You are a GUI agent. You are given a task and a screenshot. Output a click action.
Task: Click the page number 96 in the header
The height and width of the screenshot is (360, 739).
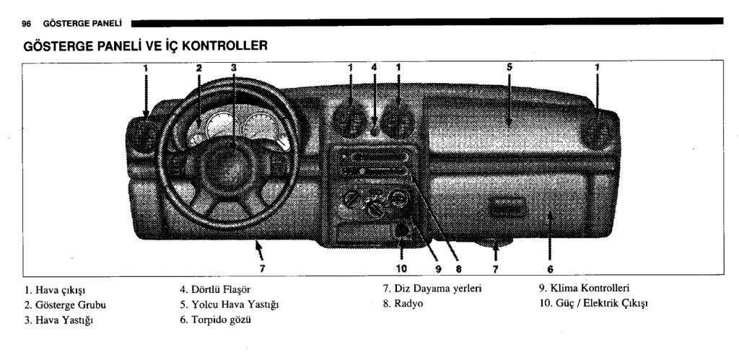[x=27, y=23]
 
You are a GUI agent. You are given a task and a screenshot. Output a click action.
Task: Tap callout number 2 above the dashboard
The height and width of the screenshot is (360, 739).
[x=198, y=68]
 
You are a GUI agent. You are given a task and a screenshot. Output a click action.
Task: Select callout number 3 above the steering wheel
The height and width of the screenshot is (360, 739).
[x=234, y=68]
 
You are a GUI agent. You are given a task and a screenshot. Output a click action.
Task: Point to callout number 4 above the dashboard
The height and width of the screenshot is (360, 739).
[x=374, y=68]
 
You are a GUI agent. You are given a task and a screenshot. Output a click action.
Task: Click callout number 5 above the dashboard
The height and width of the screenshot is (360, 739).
[x=509, y=68]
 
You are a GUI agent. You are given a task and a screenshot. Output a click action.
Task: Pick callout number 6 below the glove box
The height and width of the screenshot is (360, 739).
[x=549, y=270]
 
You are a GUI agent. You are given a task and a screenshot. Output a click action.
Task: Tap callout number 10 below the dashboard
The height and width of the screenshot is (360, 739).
[x=402, y=269]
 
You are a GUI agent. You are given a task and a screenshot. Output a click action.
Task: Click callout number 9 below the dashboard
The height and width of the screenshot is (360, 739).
[x=437, y=269]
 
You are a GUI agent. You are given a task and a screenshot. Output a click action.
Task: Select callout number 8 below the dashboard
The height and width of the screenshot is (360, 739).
[x=458, y=269]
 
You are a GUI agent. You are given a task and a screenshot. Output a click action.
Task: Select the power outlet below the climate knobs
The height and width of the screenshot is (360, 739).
[x=402, y=231]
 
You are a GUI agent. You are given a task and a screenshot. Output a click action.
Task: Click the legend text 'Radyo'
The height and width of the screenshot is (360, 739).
[x=408, y=303]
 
